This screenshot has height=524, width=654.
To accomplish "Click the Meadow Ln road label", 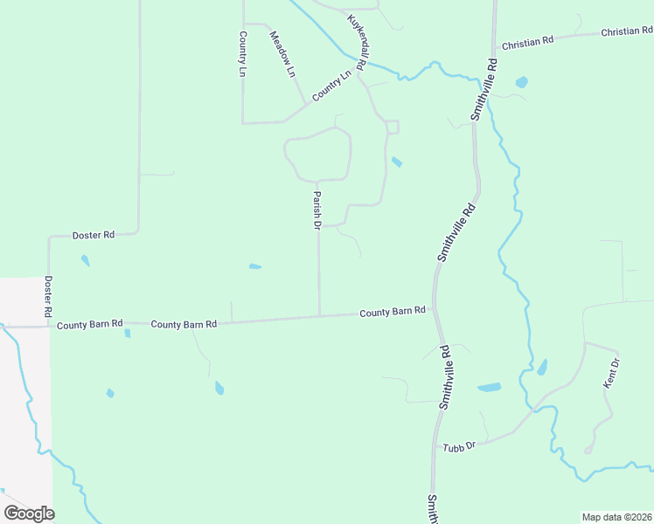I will (283, 55).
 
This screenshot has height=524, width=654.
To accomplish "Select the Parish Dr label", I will (317, 210).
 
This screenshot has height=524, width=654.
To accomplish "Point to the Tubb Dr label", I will (458, 445).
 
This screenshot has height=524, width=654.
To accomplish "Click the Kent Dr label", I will (612, 373).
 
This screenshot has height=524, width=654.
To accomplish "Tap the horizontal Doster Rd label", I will (94, 235).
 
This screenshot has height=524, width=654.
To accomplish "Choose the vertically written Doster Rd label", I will (48, 296).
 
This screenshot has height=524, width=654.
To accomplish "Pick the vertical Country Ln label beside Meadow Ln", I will (242, 54).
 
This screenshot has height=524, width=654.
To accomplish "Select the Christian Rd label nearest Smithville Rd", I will (528, 41).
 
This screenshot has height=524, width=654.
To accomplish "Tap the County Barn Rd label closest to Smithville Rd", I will (393, 311).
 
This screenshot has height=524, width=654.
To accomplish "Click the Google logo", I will (29, 513).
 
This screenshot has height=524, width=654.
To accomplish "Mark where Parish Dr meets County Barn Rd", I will (319, 316).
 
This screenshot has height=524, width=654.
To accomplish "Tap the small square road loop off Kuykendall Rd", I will (393, 128).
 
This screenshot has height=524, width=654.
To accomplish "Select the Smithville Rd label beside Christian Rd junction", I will (484, 89).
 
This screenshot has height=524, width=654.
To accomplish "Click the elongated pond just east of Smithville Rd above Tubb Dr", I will (490, 387).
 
